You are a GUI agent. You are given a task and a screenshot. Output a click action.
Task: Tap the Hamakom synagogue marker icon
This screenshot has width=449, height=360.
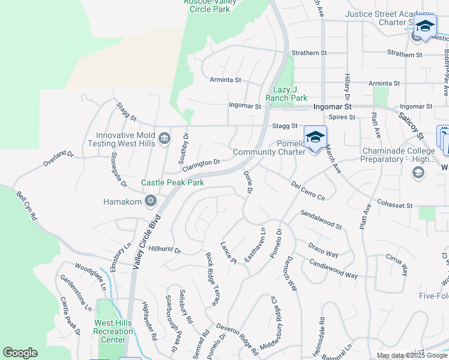point(151,202)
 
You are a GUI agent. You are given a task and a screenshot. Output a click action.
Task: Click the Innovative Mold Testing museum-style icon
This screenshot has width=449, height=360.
point(164,140)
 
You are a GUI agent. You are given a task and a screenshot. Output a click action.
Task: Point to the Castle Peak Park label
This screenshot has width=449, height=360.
point(172,182)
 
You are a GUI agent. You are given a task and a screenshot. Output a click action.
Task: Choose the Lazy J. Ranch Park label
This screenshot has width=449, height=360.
point(286,94)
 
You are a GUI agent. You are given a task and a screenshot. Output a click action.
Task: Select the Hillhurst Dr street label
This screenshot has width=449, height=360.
point(164,249)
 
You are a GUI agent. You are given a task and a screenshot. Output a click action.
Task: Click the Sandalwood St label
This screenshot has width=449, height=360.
point(321,220)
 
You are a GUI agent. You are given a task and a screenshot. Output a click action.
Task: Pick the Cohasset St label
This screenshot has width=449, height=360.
point(395,205)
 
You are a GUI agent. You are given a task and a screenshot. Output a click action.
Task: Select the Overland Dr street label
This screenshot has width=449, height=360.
point(58,159)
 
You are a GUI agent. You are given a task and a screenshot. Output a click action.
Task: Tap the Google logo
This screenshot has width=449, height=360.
point(20,353)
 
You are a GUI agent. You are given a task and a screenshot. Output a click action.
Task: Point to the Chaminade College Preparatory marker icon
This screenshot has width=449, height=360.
point(418,173)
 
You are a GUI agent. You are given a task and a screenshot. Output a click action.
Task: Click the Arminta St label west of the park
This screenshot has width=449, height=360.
point(225,79)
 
